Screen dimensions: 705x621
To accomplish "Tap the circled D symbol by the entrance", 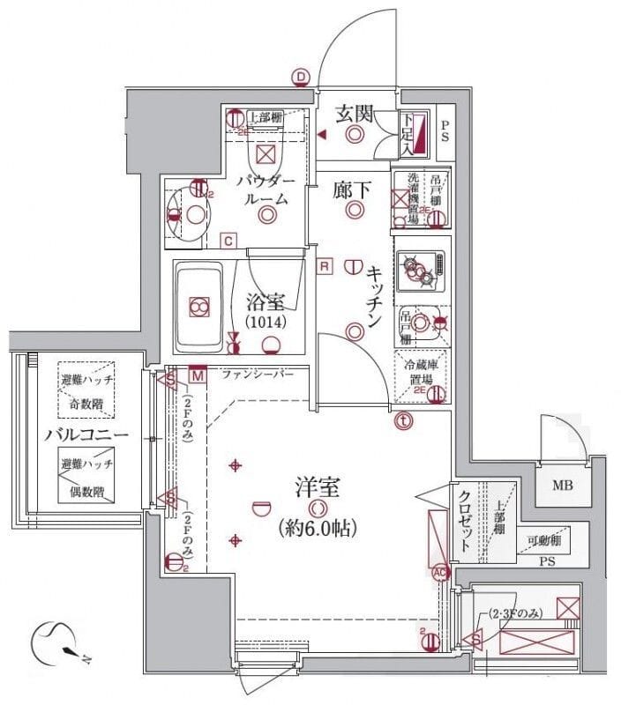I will [302, 78].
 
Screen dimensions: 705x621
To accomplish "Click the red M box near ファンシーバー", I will [197, 375].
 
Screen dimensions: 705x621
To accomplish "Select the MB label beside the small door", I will [562, 485].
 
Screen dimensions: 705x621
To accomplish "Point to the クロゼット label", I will [464, 519].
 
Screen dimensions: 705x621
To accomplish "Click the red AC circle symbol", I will [439, 572].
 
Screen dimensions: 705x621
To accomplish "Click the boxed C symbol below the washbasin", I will [228, 240].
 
